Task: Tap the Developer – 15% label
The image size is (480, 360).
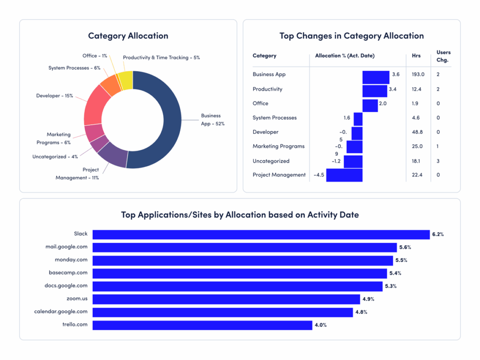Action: point(54,96)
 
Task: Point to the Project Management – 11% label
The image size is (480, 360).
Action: point(77,174)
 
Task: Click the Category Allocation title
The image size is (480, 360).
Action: point(128,36)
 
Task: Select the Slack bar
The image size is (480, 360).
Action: point(261,234)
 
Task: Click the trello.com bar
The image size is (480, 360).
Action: point(202,325)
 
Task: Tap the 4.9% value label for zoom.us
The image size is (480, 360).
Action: point(367,299)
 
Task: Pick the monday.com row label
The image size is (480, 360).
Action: point(71,260)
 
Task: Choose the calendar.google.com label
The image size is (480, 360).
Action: point(61,311)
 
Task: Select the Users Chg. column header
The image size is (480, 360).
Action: point(442,56)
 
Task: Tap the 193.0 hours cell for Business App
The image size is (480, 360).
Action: point(418,75)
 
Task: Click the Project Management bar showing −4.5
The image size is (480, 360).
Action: point(344,175)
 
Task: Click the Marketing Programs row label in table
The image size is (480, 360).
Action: point(278,146)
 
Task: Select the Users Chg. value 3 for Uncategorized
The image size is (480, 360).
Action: point(438,161)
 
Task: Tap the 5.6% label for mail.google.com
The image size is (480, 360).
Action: point(405,247)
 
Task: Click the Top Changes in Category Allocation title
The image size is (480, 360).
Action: point(352,36)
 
